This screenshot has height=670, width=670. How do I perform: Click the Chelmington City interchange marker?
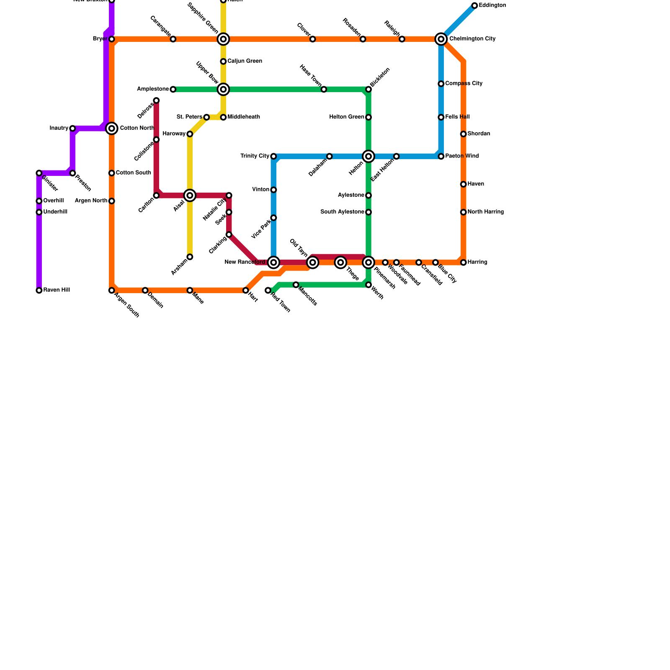click(x=441, y=39)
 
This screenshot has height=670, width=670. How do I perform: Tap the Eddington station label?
click(x=492, y=5)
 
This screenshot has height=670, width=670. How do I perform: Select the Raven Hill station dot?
click(x=39, y=290)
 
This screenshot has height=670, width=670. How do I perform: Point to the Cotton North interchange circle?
click(x=111, y=129)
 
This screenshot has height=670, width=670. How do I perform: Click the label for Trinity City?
click(x=255, y=156)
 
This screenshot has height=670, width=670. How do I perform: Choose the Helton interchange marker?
click(x=368, y=157)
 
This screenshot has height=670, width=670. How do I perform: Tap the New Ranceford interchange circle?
click(x=273, y=263)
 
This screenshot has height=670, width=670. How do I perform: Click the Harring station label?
click(x=477, y=263)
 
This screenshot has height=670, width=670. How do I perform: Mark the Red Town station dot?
click(x=268, y=290)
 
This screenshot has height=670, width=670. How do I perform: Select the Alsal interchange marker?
click(x=190, y=196)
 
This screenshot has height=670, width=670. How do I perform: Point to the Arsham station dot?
click(x=190, y=257)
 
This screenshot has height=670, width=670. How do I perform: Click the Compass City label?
click(x=464, y=84)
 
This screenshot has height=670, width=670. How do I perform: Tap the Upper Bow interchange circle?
click(x=223, y=89)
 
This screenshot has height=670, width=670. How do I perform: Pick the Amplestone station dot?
click(x=173, y=89)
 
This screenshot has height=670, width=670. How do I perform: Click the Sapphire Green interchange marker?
click(x=223, y=39)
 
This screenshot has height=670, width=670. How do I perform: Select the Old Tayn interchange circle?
click(x=312, y=263)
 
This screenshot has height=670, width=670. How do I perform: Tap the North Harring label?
click(x=485, y=212)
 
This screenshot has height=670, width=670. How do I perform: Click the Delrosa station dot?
click(x=156, y=100)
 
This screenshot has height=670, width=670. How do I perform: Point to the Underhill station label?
click(x=55, y=212)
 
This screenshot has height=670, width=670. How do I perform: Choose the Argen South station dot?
click(x=111, y=290)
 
